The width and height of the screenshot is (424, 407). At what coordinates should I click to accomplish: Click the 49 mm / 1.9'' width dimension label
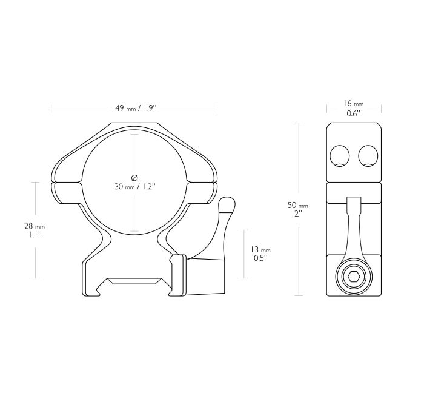136,109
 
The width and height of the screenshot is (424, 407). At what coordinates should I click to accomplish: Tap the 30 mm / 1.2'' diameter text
135,186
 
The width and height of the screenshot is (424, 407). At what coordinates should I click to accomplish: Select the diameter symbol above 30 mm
134,178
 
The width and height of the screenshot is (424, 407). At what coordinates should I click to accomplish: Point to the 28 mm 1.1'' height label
35,230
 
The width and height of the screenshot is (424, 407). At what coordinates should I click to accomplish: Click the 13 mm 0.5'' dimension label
260,254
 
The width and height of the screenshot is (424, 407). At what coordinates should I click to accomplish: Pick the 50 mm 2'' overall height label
298,209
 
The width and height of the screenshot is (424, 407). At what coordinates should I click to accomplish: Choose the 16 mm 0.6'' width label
354,109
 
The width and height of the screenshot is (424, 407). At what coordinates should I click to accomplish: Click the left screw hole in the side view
340,156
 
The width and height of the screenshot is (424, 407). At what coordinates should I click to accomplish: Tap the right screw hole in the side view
368,156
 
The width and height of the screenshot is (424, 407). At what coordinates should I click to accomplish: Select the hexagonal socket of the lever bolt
354,277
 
